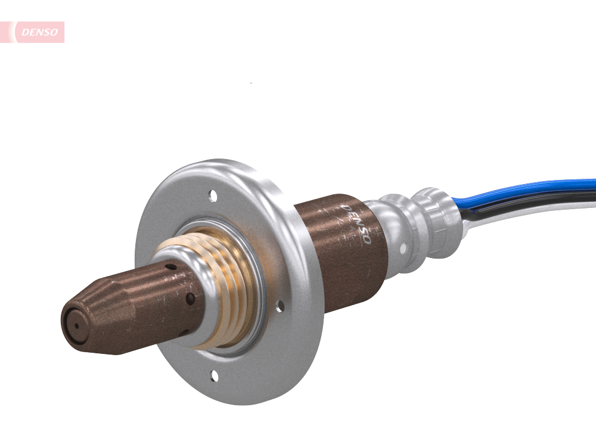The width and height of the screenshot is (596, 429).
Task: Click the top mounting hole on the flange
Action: click(212, 195)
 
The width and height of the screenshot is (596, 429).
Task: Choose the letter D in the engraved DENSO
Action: click(345, 209)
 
